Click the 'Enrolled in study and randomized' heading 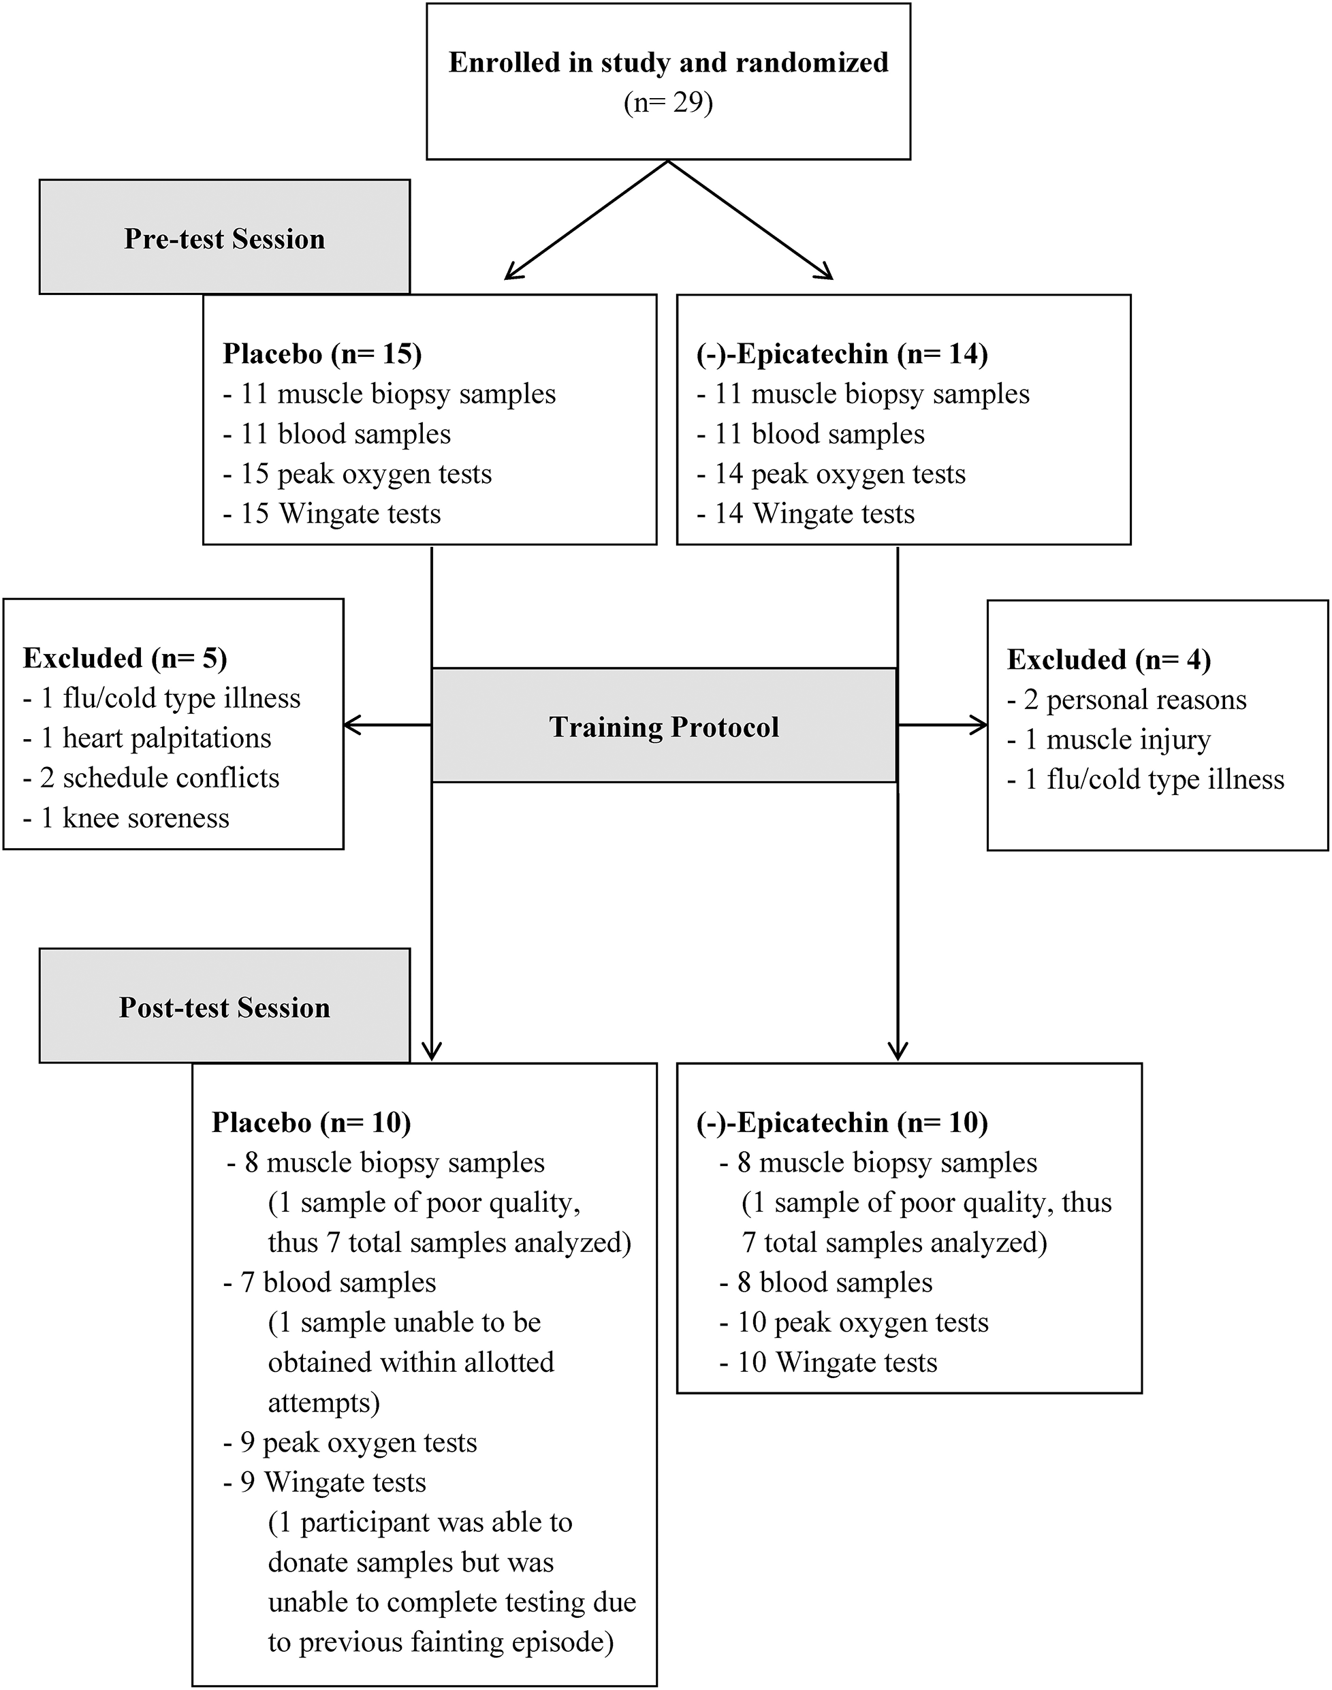[x=668, y=63]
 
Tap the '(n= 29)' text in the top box [x=668, y=102]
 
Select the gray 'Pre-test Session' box [x=225, y=238]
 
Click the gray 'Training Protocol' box [x=664, y=726]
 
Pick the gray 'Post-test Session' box [x=225, y=1007]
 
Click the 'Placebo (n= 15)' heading [x=322, y=354]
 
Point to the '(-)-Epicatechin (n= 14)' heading [x=842, y=354]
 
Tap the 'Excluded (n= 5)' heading [x=125, y=657]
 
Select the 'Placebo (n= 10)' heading [x=311, y=1123]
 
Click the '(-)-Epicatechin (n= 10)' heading [x=842, y=1123]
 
